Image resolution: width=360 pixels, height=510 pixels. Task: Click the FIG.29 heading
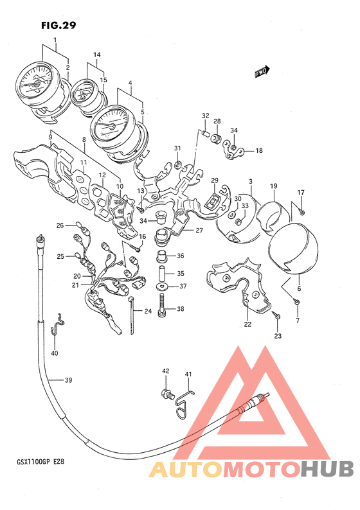(59, 25)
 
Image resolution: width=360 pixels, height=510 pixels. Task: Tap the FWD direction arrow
(262, 71)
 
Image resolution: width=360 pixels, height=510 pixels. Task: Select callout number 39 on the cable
(68, 380)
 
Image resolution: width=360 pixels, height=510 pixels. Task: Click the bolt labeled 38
(162, 304)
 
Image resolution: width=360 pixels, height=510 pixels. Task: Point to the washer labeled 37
(162, 286)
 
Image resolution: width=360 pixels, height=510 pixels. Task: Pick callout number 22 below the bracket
(248, 324)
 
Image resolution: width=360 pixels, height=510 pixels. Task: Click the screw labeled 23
(276, 314)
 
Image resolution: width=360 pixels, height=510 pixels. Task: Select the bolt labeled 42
(166, 393)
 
